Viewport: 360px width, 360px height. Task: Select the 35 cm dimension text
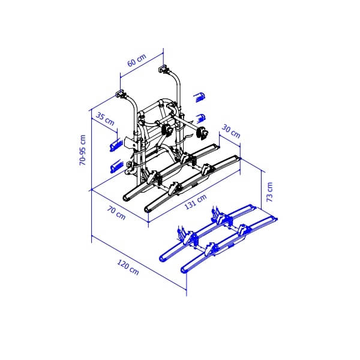105,120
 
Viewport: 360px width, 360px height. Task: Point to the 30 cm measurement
231,131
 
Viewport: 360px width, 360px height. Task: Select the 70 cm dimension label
116,212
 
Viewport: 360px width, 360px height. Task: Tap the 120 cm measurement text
127,268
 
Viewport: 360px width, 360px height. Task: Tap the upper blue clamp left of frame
115,145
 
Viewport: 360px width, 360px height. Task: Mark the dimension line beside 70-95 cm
91,150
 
